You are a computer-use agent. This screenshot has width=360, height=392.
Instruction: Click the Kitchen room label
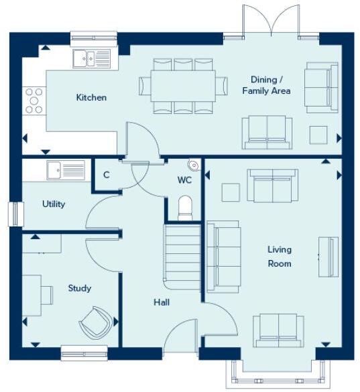(x=91, y=98)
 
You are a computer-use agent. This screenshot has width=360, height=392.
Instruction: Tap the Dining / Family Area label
(x=266, y=85)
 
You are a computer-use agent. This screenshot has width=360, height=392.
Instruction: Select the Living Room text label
(x=279, y=257)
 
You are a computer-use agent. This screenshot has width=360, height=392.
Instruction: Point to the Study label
(x=80, y=289)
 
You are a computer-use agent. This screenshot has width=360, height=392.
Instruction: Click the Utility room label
(x=54, y=204)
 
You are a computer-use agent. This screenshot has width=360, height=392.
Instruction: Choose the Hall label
(x=161, y=303)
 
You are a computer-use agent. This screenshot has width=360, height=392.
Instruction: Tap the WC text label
(x=185, y=180)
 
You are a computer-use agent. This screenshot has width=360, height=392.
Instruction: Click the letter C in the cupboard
(x=106, y=176)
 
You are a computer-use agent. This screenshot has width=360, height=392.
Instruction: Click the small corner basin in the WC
(x=194, y=165)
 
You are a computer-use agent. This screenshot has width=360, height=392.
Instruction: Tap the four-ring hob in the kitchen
(x=34, y=101)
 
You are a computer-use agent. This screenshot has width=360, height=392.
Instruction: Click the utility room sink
(x=66, y=170)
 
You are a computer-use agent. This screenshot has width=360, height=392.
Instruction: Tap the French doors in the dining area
(x=271, y=20)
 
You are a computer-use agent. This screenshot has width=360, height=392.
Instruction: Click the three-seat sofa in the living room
(x=223, y=257)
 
